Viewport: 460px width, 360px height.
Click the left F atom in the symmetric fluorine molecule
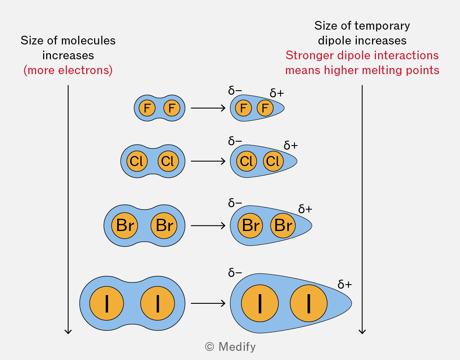(x=147, y=108)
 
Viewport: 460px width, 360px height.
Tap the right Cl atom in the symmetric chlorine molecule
(x=168, y=161)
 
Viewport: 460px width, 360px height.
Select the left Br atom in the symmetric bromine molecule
(x=125, y=225)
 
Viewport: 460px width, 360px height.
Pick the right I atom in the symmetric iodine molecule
(x=158, y=303)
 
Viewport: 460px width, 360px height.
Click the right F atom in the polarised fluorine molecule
(x=265, y=108)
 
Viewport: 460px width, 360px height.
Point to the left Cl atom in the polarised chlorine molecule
(x=247, y=161)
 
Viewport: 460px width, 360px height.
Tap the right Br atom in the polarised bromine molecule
(x=283, y=225)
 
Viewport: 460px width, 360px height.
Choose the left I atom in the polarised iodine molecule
(x=260, y=303)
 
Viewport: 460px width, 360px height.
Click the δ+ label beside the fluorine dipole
(x=277, y=93)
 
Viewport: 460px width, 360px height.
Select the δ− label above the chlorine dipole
(x=235, y=141)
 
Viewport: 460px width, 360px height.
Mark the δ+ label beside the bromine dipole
(x=305, y=209)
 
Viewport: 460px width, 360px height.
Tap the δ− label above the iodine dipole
(x=235, y=273)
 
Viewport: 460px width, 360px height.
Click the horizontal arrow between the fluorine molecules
(x=208, y=108)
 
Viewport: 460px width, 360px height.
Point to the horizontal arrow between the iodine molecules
(x=208, y=303)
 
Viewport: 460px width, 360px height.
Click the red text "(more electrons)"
(x=68, y=70)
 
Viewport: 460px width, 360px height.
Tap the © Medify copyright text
(x=230, y=347)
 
